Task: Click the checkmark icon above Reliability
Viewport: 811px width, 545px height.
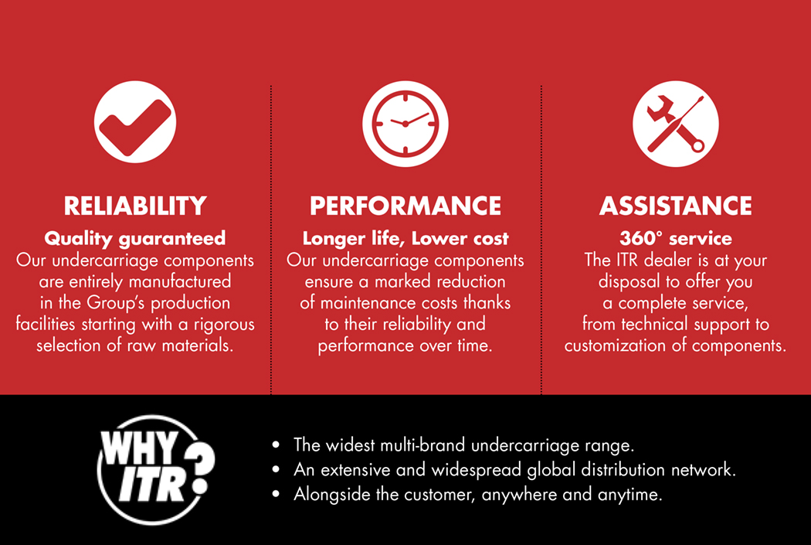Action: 135,122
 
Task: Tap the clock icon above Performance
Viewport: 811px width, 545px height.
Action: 405,124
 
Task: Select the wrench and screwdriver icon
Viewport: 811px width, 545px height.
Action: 676,124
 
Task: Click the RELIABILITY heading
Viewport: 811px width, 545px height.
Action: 135,206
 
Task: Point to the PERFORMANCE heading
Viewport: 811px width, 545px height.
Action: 405,206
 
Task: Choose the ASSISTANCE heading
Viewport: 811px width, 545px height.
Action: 676,206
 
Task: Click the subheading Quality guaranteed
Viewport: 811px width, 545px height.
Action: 135,239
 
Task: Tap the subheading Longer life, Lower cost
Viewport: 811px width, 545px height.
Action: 405,239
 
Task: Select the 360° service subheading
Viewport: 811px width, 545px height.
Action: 676,239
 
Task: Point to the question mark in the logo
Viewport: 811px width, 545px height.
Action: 199,468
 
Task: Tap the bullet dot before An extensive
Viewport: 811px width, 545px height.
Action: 276,469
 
